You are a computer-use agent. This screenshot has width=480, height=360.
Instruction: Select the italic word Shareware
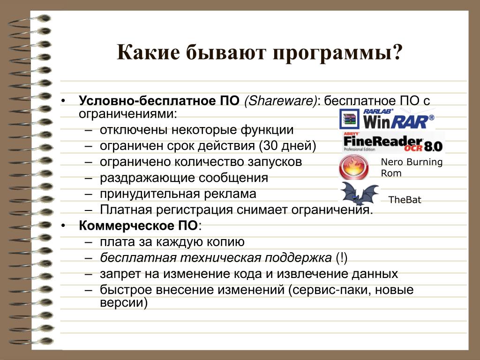pyautogui.click(x=280, y=101)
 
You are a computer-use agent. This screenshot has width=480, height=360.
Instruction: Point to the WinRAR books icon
pyautogui.click(x=349, y=119)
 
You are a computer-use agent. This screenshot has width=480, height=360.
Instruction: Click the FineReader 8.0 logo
pyautogui.click(x=393, y=142)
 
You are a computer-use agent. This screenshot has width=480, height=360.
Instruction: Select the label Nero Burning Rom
pyautogui.click(x=412, y=167)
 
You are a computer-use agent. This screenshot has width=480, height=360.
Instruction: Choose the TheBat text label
pyautogui.click(x=405, y=200)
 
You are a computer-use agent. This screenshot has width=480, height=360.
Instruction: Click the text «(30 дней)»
pyautogui.click(x=287, y=146)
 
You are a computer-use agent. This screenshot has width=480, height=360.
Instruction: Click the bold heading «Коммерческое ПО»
pyautogui.click(x=138, y=226)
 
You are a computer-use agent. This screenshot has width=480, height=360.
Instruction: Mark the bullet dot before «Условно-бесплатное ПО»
pyautogui.click(x=63, y=101)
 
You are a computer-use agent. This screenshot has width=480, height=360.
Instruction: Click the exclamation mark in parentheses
pyautogui.click(x=341, y=258)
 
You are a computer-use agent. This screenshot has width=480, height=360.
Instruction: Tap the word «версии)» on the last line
pyautogui.click(x=124, y=303)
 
